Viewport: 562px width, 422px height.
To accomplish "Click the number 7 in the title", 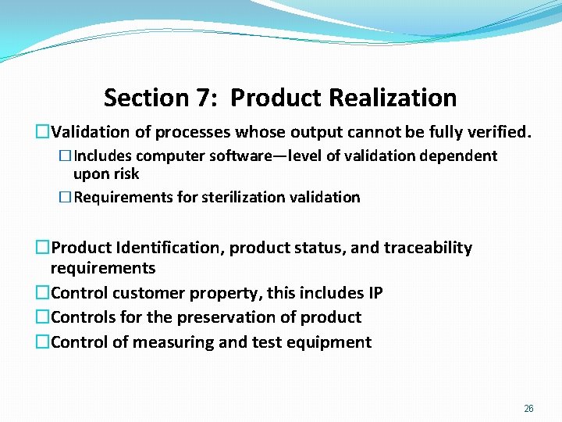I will pos(204,98).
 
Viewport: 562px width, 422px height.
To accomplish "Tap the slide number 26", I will pos(528,409).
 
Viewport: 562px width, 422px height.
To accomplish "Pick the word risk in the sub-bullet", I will pos(126,173).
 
